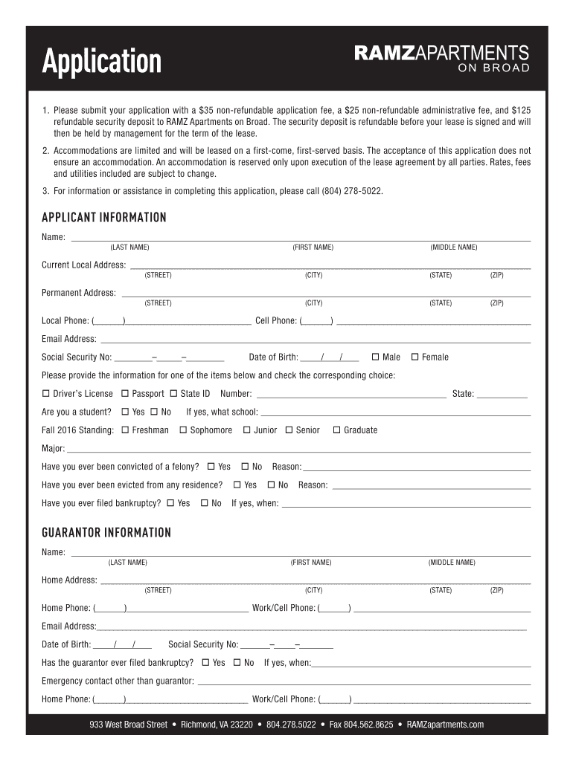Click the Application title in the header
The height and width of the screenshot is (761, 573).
(101, 62)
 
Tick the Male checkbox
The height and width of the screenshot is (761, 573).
(375, 357)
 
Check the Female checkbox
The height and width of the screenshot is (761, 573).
(415, 357)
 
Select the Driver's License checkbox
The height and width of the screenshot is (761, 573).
(46, 393)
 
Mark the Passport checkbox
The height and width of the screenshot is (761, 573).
(125, 393)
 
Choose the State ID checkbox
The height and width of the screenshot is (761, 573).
(173, 393)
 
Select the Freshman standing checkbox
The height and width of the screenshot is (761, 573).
(125, 430)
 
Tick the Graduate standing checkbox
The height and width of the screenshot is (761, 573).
(336, 430)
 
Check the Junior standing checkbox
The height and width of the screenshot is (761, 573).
(246, 430)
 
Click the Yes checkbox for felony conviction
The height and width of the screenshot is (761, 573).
(211, 467)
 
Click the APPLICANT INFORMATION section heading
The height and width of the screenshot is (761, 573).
(103, 218)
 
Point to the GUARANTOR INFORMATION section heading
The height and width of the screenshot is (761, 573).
(106, 533)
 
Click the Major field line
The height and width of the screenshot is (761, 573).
(298, 450)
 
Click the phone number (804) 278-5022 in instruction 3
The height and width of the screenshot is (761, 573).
(352, 191)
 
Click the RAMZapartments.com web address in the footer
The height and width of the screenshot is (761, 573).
(445, 725)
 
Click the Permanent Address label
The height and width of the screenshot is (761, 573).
(78, 293)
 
